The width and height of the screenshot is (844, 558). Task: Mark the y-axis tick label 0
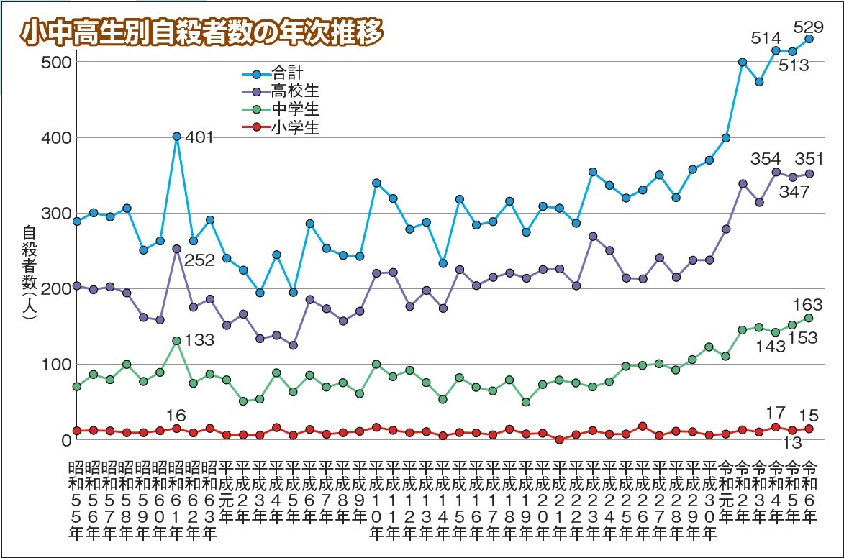[x=63, y=439]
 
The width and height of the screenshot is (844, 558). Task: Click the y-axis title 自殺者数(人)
[x=30, y=278]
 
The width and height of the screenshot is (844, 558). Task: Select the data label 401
[x=199, y=137]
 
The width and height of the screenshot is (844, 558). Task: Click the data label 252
[x=200, y=260]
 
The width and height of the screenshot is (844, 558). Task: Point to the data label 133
[x=199, y=339]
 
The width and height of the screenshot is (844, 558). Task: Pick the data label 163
[x=808, y=305]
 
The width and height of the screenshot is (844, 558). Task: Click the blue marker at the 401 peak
[x=176, y=137]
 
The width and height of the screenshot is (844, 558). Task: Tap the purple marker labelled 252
[x=176, y=249]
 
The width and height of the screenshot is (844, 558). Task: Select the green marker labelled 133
[x=176, y=340]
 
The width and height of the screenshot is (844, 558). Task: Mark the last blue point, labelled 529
[x=809, y=39]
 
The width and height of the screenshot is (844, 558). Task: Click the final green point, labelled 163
[x=809, y=318]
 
